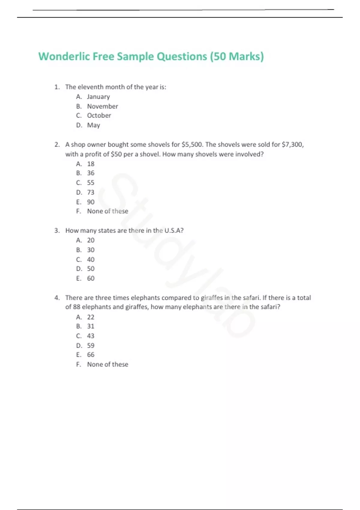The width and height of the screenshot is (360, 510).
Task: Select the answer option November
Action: coord(102,106)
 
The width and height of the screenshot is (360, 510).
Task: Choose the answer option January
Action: coord(98,97)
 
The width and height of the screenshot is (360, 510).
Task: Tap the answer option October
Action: coord(99,115)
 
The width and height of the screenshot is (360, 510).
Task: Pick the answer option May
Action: coord(94,125)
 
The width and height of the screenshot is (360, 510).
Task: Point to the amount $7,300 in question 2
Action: coord(292,145)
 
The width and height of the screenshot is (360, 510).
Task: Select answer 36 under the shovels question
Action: coord(91,173)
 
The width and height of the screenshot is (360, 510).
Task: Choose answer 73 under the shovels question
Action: coord(91,192)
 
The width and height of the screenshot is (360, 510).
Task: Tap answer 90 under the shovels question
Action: coord(91,202)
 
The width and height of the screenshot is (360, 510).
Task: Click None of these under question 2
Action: coord(107,211)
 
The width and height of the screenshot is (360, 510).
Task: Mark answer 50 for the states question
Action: coord(91,269)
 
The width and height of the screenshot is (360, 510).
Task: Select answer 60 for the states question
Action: coord(91,278)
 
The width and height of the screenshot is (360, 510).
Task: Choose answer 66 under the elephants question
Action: coord(91,355)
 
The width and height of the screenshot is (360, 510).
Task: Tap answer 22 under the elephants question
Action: coord(91,317)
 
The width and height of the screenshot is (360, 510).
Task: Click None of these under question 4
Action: coord(107,364)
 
